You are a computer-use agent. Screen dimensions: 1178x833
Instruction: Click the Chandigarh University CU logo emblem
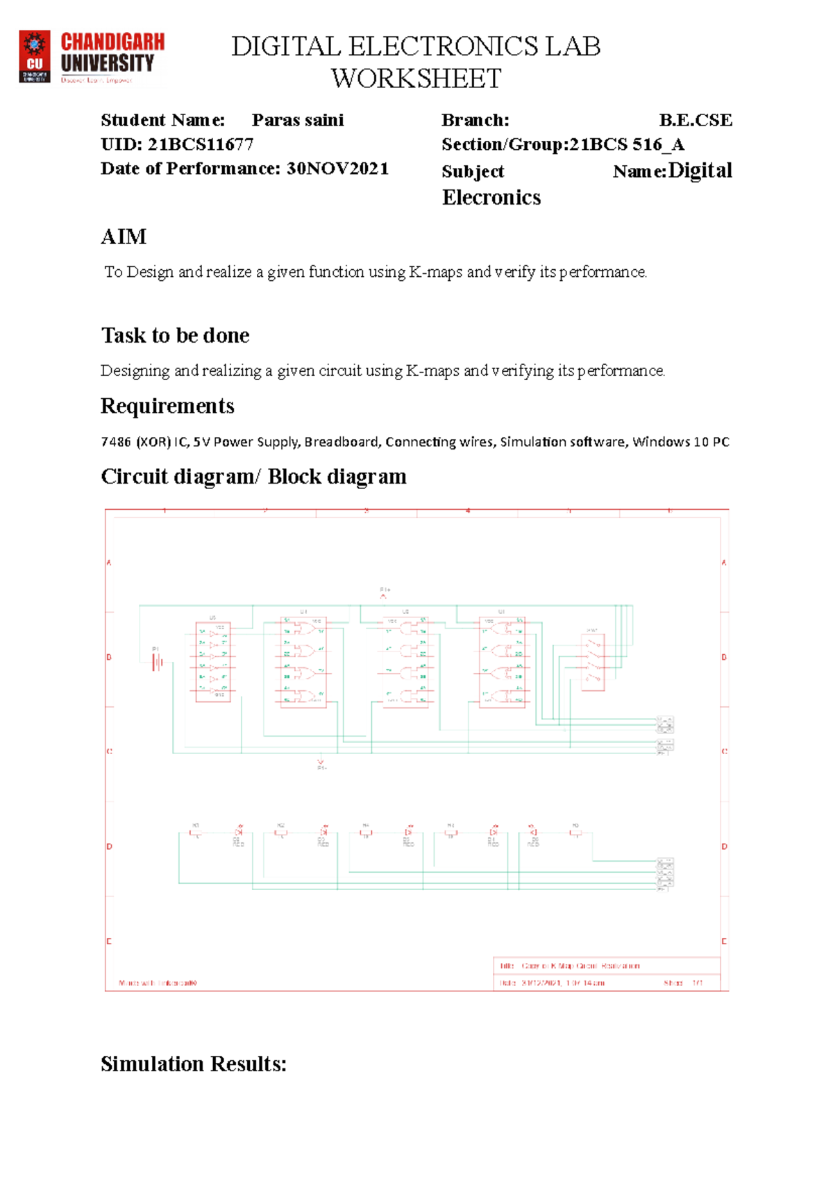34,56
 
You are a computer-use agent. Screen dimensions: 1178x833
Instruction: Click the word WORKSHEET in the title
416,79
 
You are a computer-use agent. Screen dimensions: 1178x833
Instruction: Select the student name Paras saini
298,121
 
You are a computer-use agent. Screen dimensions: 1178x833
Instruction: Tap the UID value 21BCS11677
201,144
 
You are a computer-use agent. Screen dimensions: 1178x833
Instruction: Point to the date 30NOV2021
337,169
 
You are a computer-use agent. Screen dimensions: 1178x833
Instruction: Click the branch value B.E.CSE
695,121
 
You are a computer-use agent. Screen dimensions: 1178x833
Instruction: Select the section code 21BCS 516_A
627,144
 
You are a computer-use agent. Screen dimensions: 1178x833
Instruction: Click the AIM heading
124,237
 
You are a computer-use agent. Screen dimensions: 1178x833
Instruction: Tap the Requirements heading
167,406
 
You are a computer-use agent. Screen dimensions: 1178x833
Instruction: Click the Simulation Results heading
194,1064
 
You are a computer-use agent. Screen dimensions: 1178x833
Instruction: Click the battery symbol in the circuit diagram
158,663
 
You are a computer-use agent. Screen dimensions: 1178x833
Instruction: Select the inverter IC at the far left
213,662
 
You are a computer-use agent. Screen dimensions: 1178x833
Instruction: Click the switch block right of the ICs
593,661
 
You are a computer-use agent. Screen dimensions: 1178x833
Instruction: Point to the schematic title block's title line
569,966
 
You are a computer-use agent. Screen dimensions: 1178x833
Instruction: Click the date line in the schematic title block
552,983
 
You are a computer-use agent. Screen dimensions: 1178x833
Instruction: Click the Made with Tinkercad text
158,983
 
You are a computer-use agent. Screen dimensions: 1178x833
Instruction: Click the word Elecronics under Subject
491,198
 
